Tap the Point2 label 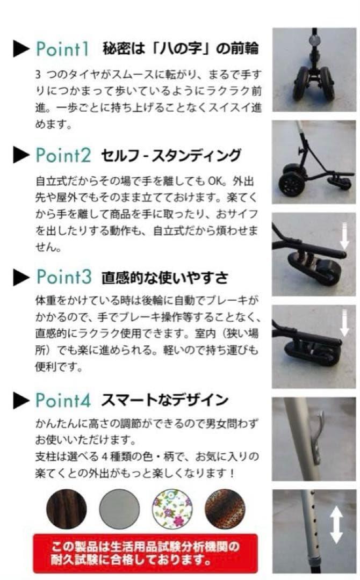(x=64, y=155)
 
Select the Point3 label (x=64, y=277)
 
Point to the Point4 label (x=64, y=400)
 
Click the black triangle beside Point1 (x=21, y=49)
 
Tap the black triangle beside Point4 (x=21, y=401)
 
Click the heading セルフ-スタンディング (x=171, y=156)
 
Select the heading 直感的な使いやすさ (x=164, y=278)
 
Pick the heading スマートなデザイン (x=164, y=400)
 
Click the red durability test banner (x=145, y=553)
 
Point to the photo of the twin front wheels (x=314, y=70)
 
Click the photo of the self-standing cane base (x=314, y=162)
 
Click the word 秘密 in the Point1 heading (x=114, y=49)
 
